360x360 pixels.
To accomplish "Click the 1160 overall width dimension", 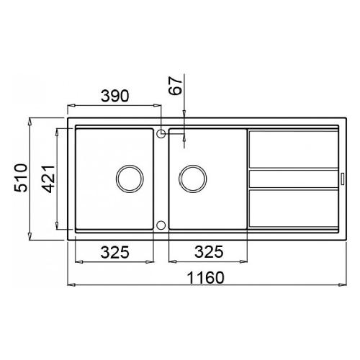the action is [205, 278].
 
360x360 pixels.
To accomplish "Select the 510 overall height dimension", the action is [21, 178].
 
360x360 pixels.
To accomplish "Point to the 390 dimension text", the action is [114, 96].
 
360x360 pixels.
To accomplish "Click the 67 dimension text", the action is [176, 86].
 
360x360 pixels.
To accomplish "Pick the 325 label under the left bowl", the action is [114, 252].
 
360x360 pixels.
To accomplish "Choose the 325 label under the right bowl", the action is [209, 252].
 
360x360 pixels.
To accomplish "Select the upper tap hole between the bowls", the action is [161, 133].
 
